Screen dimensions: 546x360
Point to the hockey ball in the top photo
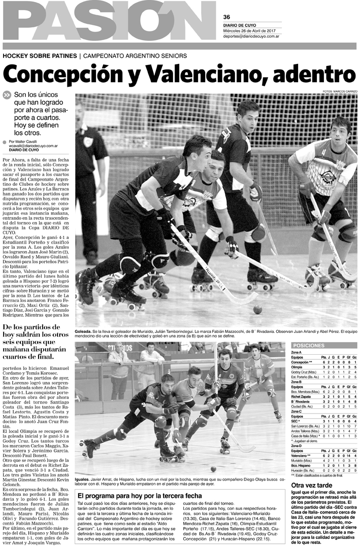[257, 310]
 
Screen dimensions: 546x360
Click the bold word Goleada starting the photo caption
[84, 329]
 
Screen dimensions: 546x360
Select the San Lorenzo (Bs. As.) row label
[305, 427]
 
